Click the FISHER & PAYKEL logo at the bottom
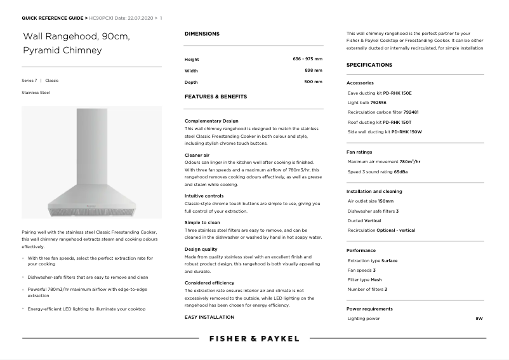[x=254, y=338]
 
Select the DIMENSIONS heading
[x=202, y=34]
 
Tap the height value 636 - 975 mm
[x=307, y=59]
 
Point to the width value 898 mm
[x=314, y=70]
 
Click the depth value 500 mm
[x=314, y=82]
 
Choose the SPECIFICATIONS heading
[x=369, y=65]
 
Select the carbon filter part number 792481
[x=411, y=112]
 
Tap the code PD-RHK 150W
[x=406, y=131]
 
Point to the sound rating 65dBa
[x=400, y=171]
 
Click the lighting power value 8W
[x=479, y=318]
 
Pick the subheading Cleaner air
[x=197, y=155]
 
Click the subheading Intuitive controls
[x=204, y=196]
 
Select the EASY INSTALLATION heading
[x=209, y=317]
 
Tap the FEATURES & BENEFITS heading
[x=215, y=97]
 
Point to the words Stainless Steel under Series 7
[x=36, y=93]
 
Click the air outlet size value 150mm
[x=385, y=201]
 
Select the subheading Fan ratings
[x=359, y=152]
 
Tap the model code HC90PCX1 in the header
[x=103, y=18]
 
